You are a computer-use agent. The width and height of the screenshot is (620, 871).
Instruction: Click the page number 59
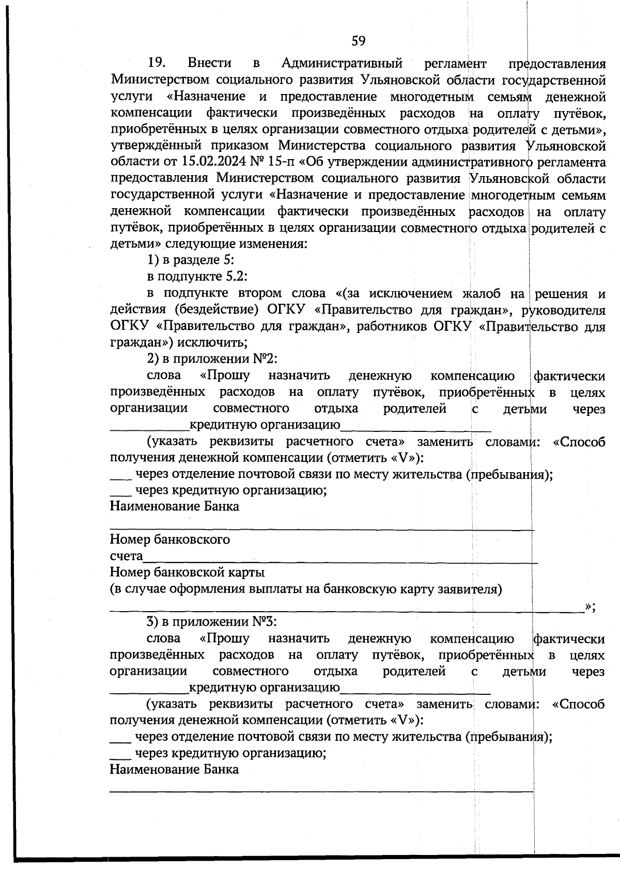[x=359, y=41]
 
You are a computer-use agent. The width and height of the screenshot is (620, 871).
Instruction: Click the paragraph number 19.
[x=156, y=63]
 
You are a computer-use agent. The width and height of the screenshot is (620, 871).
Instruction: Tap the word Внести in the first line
[x=210, y=63]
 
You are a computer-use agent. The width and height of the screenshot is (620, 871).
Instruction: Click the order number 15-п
[x=282, y=162]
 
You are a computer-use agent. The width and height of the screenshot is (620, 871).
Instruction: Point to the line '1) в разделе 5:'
[x=192, y=260]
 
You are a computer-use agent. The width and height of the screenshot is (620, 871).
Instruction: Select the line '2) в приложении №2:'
[x=213, y=359]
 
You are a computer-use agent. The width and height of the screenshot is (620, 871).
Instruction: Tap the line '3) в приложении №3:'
[x=213, y=621]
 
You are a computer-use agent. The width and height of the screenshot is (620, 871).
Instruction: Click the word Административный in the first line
[x=342, y=63]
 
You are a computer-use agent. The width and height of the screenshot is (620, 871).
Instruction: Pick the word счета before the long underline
[x=126, y=556]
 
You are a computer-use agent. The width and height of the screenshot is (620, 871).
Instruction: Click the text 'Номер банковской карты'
[x=187, y=572]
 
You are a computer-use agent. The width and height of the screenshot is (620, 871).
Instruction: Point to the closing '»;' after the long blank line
[x=590, y=606]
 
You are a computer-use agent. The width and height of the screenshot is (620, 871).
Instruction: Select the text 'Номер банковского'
[x=170, y=539]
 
